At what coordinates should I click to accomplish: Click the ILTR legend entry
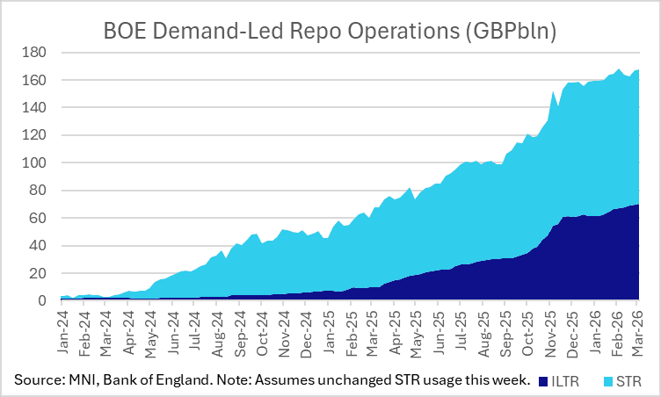pos(570,381)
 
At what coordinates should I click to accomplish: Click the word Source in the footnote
pos(38,380)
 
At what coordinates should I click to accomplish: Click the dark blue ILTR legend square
pos(545,381)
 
